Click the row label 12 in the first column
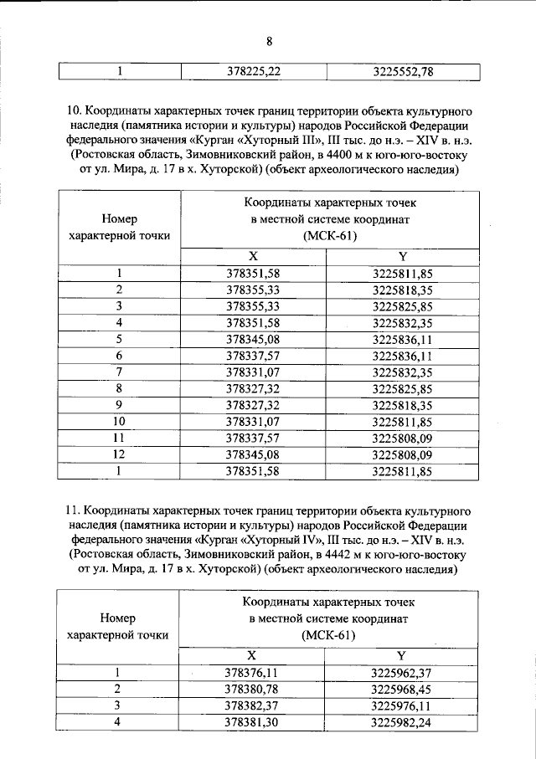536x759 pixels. click(120, 454)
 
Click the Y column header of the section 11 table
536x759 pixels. click(402, 655)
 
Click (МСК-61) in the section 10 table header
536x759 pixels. click(330, 236)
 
